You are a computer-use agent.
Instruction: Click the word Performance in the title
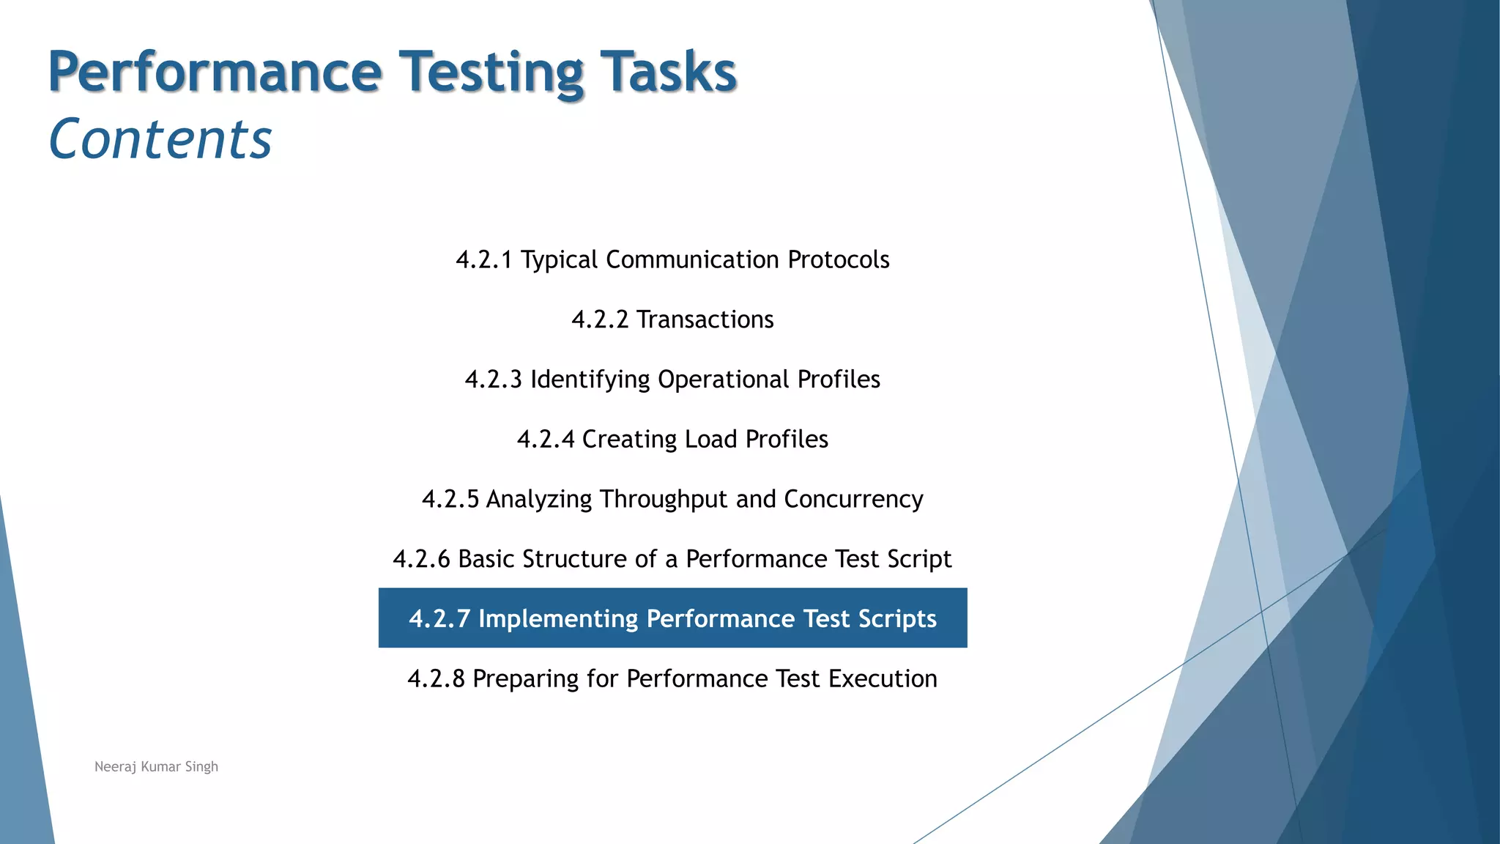tap(215, 72)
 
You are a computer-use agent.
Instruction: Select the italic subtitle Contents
tap(160, 139)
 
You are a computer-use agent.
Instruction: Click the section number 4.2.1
tap(483, 260)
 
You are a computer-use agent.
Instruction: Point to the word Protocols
tap(838, 260)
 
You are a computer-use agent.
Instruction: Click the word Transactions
tap(705, 320)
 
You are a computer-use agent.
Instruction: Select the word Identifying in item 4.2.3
tap(590, 380)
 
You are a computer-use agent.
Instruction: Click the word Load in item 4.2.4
tap(710, 440)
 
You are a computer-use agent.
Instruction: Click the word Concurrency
tap(853, 500)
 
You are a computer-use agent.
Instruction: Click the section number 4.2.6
tap(421, 559)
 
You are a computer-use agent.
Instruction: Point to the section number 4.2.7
tap(439, 619)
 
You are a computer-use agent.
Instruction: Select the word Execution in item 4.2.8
tap(883, 679)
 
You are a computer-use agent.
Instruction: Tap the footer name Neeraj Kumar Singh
tap(156, 766)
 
